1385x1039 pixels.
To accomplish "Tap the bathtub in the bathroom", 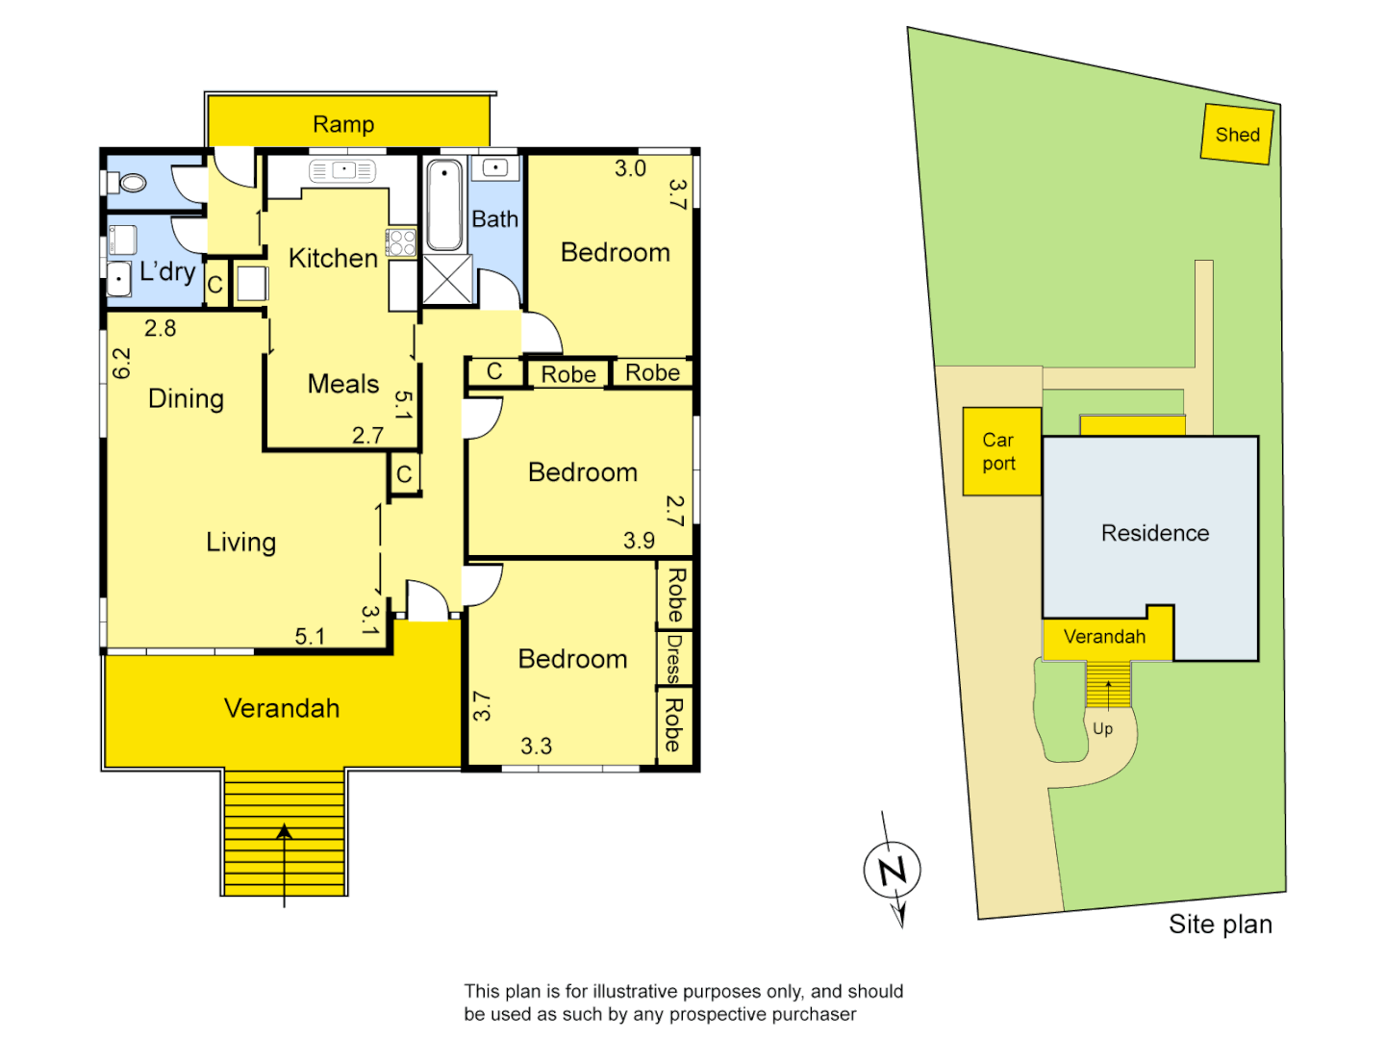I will [444, 205].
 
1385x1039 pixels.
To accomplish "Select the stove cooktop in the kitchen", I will [401, 242].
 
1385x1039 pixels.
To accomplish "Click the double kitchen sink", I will [342, 170].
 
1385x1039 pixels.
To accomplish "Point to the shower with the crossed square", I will [447, 280].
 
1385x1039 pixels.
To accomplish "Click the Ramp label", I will [343, 124].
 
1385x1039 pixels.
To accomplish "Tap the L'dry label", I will [167, 272].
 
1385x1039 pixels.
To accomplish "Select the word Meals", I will [343, 384].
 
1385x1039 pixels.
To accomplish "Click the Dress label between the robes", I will [674, 658].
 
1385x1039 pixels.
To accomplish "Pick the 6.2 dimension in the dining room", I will [121, 363].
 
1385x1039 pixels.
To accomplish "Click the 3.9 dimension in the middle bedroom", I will [639, 541].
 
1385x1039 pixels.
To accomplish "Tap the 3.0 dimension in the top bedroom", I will [630, 168].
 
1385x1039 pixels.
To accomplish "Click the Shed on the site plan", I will [1237, 135].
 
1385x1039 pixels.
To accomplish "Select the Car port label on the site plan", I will [998, 451].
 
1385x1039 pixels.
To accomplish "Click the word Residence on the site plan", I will [1155, 533].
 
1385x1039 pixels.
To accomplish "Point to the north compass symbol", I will [893, 871].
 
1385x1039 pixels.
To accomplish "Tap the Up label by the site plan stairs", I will [1103, 729].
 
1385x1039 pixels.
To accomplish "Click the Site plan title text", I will [1220, 925].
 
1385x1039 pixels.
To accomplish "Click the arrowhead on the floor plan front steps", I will [284, 831].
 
